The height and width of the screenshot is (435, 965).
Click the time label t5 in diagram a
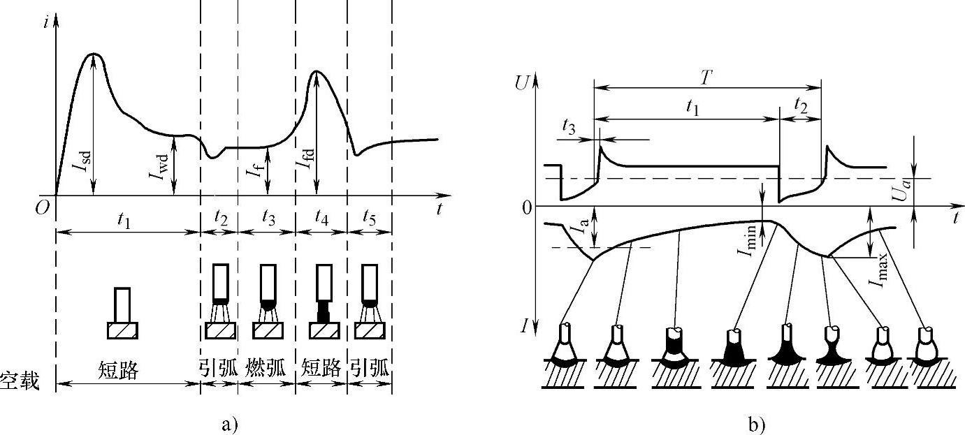[366, 219]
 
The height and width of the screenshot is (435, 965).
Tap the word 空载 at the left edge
[20, 381]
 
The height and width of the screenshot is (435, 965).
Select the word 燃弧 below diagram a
[266, 369]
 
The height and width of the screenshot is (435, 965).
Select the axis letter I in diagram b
[524, 325]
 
